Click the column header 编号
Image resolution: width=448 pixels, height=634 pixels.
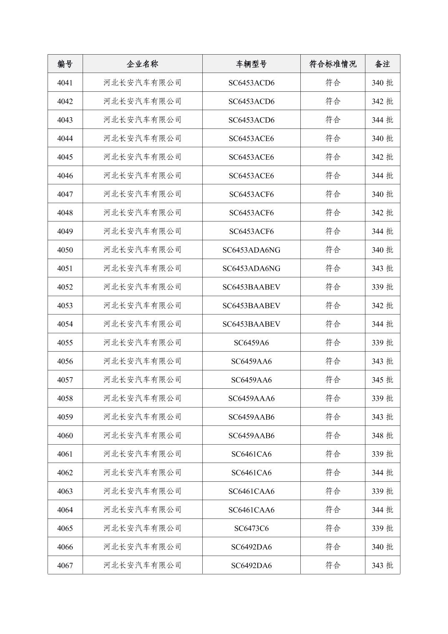(x=65, y=64)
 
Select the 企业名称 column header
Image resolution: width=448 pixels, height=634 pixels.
(x=142, y=64)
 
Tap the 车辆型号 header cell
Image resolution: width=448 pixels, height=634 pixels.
(x=251, y=64)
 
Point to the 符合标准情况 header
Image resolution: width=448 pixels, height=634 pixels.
(x=332, y=64)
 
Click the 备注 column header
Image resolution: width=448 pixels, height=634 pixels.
(x=382, y=64)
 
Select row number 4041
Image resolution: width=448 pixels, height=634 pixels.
(x=65, y=83)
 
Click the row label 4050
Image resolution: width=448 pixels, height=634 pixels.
(x=65, y=250)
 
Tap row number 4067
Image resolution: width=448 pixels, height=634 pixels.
(x=65, y=566)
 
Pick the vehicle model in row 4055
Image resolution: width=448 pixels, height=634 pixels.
(x=251, y=343)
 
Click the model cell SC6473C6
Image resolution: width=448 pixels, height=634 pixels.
(x=251, y=528)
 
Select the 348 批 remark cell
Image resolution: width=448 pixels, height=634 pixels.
(x=382, y=435)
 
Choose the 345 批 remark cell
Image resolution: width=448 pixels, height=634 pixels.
(x=382, y=380)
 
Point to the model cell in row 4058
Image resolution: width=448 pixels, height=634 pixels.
(x=251, y=398)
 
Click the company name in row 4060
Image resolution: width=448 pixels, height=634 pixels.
(x=142, y=435)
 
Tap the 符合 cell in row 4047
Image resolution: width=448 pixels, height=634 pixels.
(x=332, y=194)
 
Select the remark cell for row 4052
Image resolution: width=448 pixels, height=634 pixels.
(x=382, y=287)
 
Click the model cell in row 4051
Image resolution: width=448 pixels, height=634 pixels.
(x=251, y=268)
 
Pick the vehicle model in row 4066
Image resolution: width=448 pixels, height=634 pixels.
(x=251, y=547)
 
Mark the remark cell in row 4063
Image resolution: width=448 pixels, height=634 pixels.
(x=382, y=491)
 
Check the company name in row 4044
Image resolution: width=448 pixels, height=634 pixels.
(x=142, y=138)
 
